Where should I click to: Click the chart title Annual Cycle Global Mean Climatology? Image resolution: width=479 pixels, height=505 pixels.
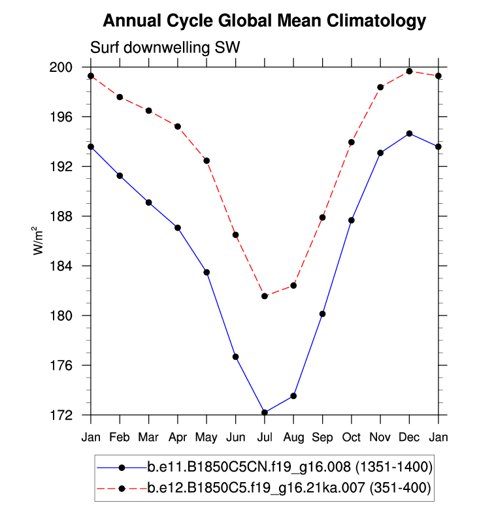point(264,21)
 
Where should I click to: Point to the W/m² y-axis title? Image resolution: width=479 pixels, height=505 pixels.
point(39,240)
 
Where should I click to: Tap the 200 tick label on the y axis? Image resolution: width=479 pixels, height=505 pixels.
point(69,67)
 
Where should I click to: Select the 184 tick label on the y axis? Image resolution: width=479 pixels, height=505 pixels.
point(69,266)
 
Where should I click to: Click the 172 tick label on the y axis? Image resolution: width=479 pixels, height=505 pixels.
point(69,415)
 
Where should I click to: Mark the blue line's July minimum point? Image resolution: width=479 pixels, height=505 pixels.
point(265,412)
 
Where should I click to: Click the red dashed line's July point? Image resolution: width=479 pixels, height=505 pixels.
point(265,296)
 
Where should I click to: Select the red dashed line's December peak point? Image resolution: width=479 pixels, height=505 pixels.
point(409,71)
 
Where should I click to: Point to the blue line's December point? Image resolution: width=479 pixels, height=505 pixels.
point(409,133)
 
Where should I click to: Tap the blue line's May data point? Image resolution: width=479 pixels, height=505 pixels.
point(206,272)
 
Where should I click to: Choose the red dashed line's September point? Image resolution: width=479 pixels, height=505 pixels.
point(322,218)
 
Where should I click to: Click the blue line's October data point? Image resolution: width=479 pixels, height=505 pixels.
point(352,220)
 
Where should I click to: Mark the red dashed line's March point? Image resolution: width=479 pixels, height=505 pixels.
point(148,110)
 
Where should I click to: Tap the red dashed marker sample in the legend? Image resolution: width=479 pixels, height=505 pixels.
point(122,487)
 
